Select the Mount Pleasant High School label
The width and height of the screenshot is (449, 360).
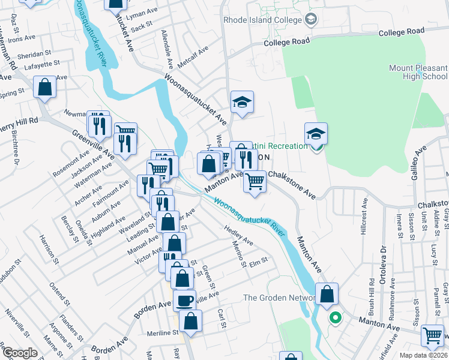(418, 72)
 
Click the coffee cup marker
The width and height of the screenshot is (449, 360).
(184, 299)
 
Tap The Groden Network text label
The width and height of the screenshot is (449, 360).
(279, 298)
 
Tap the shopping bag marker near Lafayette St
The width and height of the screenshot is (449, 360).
(45, 88)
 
